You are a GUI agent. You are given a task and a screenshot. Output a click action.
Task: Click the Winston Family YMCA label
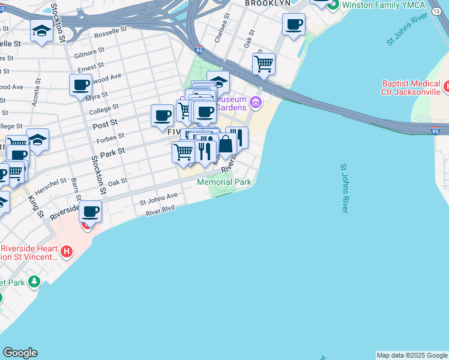(x=384, y=5)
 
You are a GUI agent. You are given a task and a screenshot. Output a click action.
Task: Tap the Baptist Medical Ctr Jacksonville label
(x=411, y=88)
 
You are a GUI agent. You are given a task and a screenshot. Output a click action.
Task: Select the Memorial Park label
(x=224, y=181)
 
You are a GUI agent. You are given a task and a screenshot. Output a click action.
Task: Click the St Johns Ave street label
(x=159, y=196)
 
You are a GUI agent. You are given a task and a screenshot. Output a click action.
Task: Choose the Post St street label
(x=104, y=126)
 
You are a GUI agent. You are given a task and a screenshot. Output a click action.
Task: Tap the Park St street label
(x=112, y=153)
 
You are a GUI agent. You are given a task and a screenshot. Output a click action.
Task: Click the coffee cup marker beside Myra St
(x=80, y=85)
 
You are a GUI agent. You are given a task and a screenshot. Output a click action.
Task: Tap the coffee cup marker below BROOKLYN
(x=294, y=25)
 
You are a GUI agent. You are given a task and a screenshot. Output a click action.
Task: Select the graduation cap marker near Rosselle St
(x=41, y=31)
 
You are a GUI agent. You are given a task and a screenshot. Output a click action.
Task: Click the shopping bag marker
(x=226, y=144)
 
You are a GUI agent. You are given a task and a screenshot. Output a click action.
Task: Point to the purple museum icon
(x=256, y=103)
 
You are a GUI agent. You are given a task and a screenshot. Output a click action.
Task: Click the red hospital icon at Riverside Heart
(x=67, y=251)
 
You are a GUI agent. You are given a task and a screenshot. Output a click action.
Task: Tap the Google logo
(x=20, y=353)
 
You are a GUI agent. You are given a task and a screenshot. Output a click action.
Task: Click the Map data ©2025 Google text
(x=412, y=355)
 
